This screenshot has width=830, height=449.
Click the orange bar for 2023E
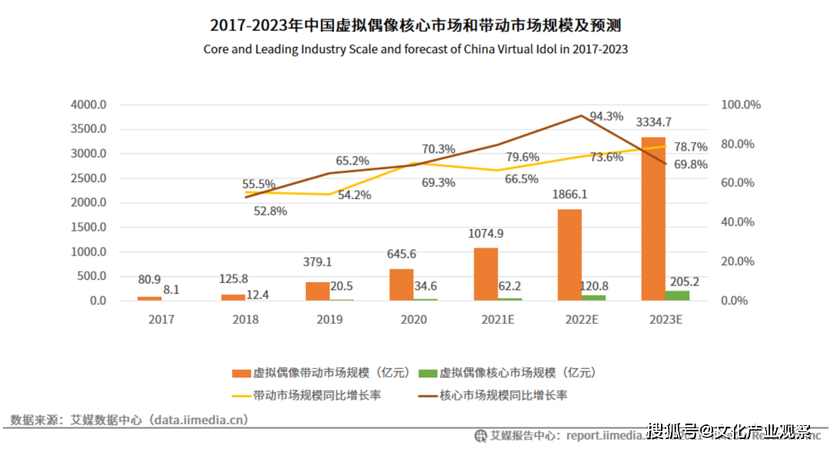click(x=652, y=218)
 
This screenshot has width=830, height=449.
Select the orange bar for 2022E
click(x=569, y=254)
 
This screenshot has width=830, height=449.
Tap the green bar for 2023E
click(x=677, y=295)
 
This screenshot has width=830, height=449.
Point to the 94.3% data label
click(x=606, y=116)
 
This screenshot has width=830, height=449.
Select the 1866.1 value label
click(x=569, y=194)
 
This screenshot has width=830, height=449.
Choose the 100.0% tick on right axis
click(x=741, y=105)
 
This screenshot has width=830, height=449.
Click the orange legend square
click(x=241, y=374)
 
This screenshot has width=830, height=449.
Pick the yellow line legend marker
click(x=241, y=395)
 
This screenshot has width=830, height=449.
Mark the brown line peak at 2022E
click(x=583, y=116)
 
